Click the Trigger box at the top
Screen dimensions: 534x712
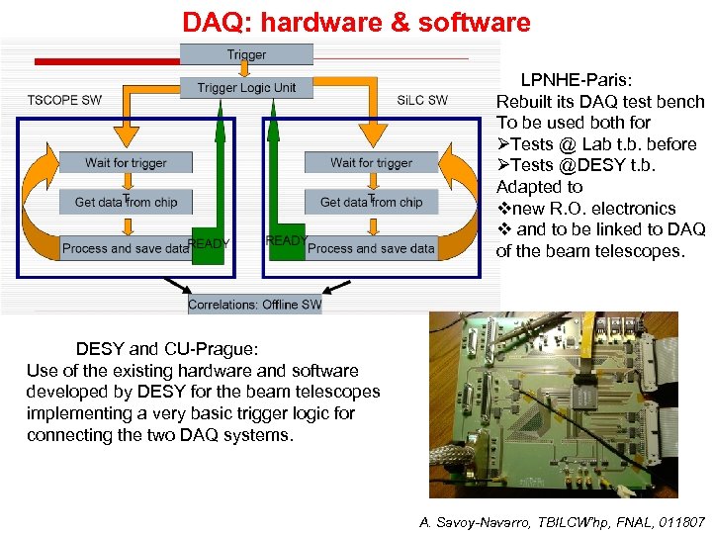tap(246, 54)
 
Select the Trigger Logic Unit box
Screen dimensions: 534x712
tap(246, 88)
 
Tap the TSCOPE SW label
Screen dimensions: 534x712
tap(64, 100)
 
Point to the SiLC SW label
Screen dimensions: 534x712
tap(422, 100)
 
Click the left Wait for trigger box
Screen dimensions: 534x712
tap(126, 162)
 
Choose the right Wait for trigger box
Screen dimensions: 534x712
tap(371, 162)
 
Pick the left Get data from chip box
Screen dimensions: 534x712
tap(126, 202)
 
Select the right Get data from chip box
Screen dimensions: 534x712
tap(371, 202)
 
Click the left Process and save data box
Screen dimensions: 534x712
tap(125, 248)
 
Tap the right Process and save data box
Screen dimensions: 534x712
tap(371, 248)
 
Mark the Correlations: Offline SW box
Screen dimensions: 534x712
tap(254, 305)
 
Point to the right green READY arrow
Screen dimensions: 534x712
tap(287, 241)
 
